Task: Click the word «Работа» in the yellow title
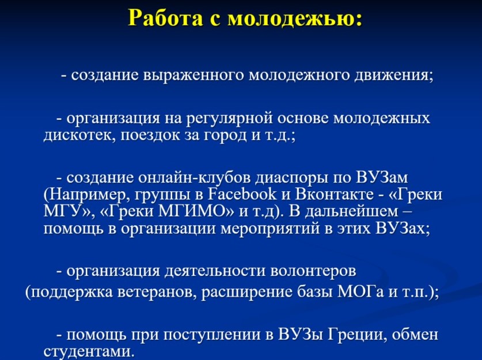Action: point(165,18)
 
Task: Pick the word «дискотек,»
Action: point(79,135)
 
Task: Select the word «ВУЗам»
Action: point(382,178)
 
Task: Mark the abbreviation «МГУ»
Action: point(62,212)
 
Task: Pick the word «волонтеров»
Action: point(313,271)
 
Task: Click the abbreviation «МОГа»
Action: point(360,291)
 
